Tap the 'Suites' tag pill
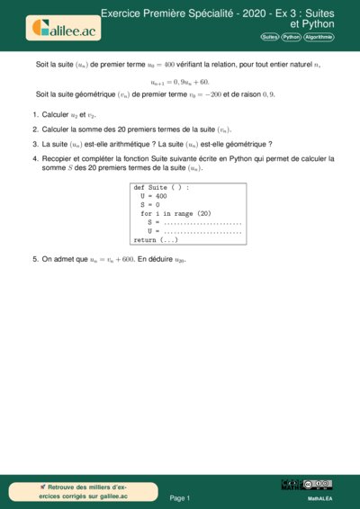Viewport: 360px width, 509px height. click(x=269, y=37)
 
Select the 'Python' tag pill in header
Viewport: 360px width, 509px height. click(x=291, y=37)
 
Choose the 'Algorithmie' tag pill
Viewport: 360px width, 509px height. click(x=319, y=37)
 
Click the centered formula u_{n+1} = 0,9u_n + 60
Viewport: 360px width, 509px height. click(x=179, y=82)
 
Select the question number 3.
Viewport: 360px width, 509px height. click(x=34, y=143)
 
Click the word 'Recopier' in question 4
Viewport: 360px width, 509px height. click(x=59, y=157)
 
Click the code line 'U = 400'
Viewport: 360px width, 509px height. click(x=154, y=196)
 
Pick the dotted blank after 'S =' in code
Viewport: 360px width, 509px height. click(x=202, y=222)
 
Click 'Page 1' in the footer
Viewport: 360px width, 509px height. click(x=180, y=497)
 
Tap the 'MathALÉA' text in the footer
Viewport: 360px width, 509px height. click(x=319, y=497)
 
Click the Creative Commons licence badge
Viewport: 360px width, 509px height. click(x=319, y=485)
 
